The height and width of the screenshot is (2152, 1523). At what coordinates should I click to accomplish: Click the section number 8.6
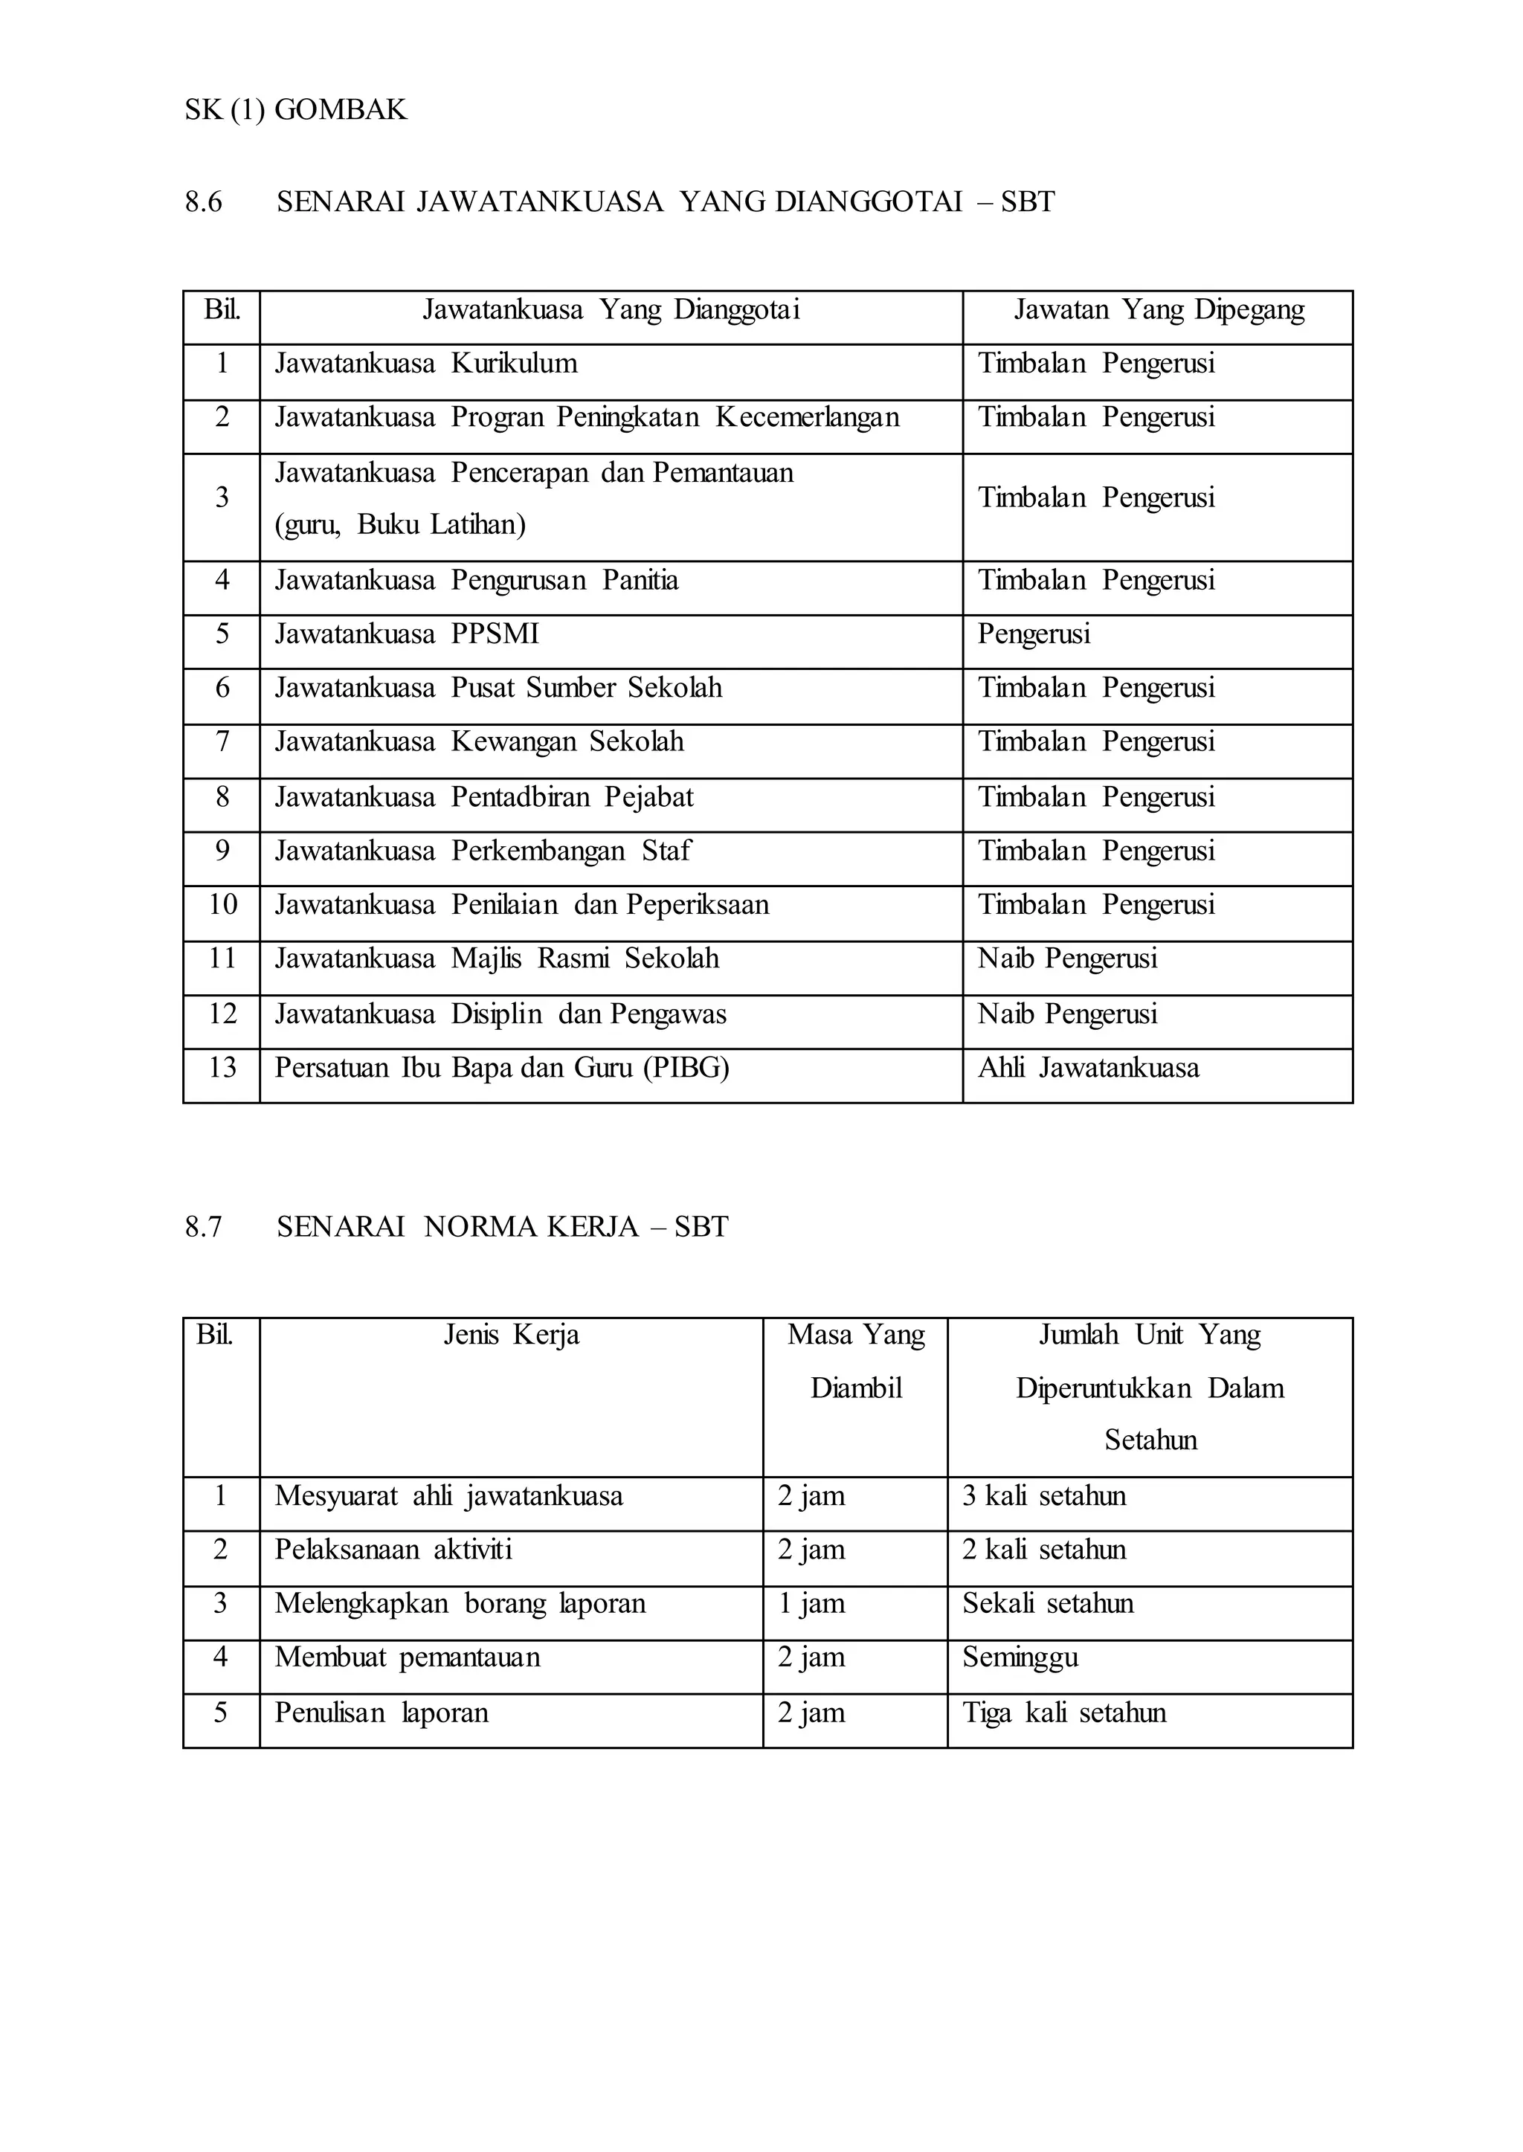coord(204,202)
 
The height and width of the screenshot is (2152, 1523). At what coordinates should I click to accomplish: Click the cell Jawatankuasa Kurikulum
coord(426,364)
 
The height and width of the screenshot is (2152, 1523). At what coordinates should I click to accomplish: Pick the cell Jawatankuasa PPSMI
coord(407,635)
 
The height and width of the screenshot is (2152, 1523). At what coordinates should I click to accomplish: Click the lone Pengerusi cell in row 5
coord(1034,635)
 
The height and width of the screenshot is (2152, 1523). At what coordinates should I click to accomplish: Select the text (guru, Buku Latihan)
coord(400,524)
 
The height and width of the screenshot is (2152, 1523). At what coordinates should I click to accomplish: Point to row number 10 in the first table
coord(222,905)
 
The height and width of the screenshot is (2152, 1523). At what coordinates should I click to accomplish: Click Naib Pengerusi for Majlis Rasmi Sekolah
coord(1067,959)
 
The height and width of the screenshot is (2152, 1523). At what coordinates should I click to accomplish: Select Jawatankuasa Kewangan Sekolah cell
coord(479,743)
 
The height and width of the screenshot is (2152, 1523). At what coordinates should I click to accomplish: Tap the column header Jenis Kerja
coord(511,1336)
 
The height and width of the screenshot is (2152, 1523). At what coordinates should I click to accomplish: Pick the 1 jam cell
coord(811,1603)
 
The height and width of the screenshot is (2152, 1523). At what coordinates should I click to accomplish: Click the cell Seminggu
coord(1020,1658)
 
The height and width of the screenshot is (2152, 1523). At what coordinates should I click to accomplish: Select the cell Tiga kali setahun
coord(1063,1713)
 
